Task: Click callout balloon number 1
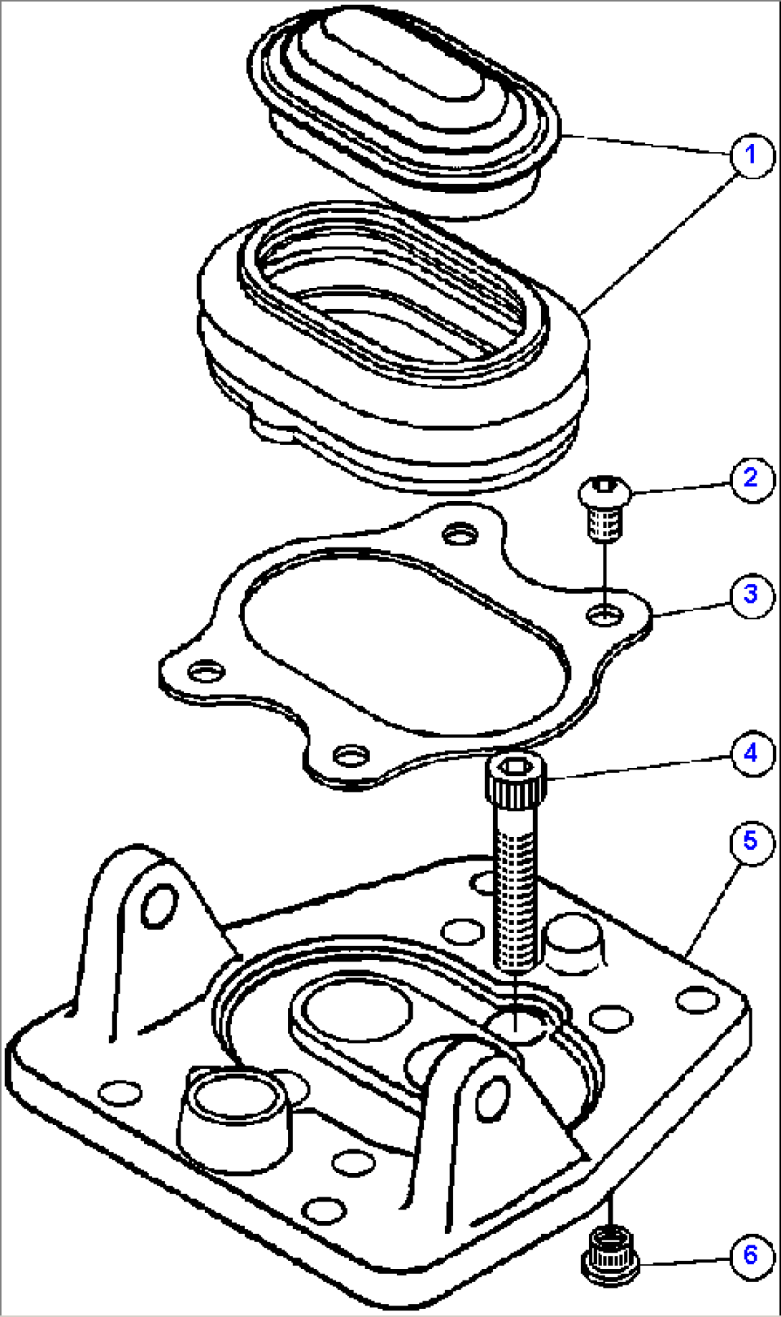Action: (751, 155)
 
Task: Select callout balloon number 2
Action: (751, 478)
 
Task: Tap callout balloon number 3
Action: (751, 594)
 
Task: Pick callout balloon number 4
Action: (751, 754)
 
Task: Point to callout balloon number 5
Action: (751, 841)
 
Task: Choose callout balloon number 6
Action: (751, 1254)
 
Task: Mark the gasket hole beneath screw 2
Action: (606, 613)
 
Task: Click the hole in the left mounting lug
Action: (158, 906)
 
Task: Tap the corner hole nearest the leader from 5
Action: (697, 999)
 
